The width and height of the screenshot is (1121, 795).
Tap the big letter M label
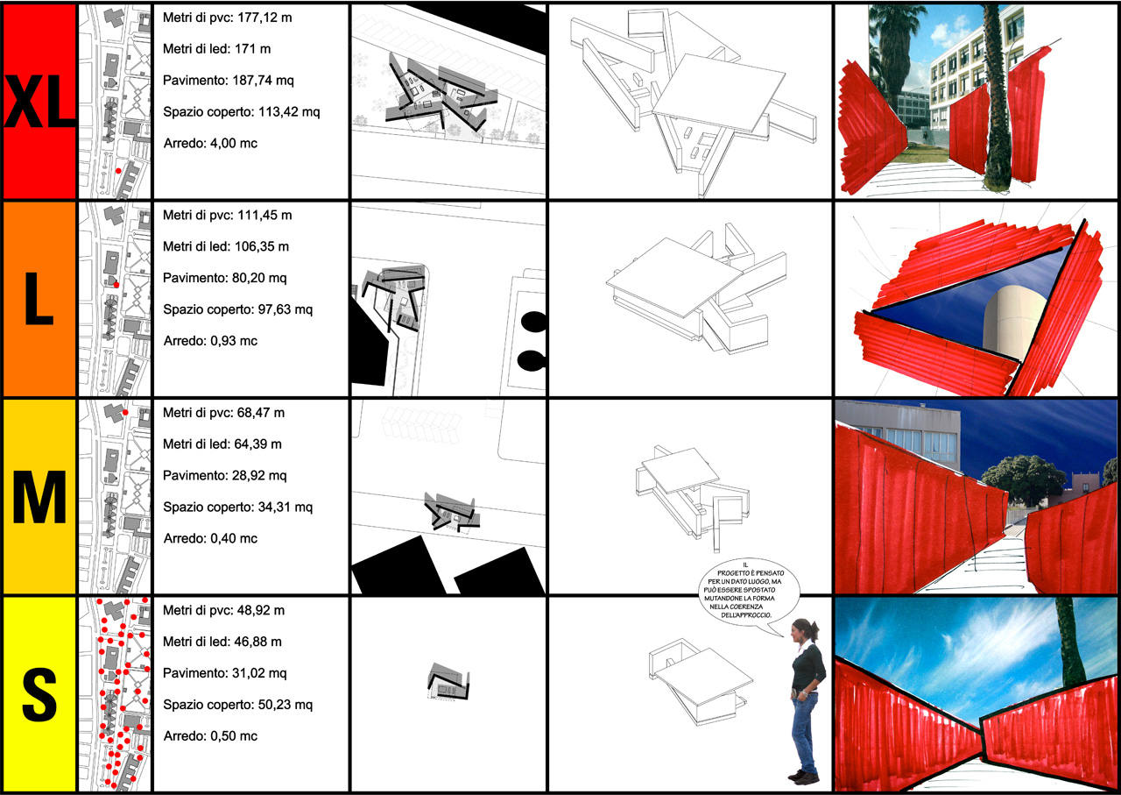[x=39, y=498]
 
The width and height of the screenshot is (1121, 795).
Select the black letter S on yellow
[x=39, y=695]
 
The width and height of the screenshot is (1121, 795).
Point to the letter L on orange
[x=39, y=299]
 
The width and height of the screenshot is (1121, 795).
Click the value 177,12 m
[x=264, y=18]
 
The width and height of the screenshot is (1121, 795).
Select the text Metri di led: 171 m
[x=216, y=49]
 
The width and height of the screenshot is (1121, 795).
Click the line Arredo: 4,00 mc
[x=210, y=143]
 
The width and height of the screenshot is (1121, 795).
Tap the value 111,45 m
[x=264, y=216]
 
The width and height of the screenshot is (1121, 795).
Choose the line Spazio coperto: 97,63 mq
[x=237, y=309]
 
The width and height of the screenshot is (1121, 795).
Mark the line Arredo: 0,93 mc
[x=210, y=341]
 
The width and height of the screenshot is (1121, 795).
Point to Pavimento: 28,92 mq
[x=225, y=476]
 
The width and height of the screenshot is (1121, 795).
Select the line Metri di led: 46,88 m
[x=222, y=642]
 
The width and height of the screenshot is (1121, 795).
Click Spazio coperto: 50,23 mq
[x=237, y=705]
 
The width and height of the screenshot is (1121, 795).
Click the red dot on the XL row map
[x=118, y=171]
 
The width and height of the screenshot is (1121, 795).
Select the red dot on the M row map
[x=125, y=413]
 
